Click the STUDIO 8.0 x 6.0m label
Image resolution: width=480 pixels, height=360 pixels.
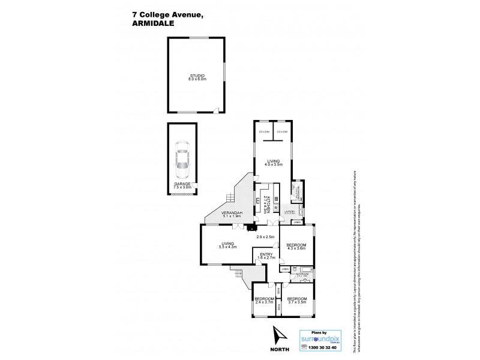tap(197, 77)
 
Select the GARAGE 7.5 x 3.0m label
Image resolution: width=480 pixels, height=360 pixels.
tap(182, 185)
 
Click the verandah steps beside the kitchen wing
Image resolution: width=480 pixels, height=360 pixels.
tap(229, 197)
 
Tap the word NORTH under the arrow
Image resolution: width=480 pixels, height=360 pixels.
tap(279, 349)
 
